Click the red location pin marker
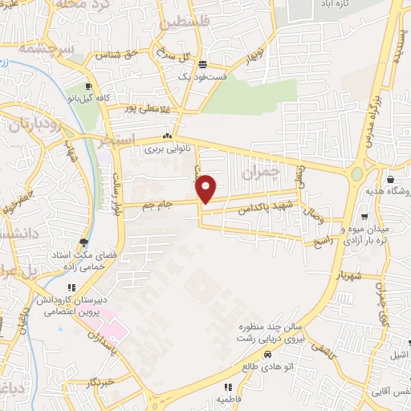click(206, 188)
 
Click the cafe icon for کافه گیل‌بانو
click(89, 86)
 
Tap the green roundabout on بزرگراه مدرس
click(357, 174)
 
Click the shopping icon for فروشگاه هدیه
click(390, 179)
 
